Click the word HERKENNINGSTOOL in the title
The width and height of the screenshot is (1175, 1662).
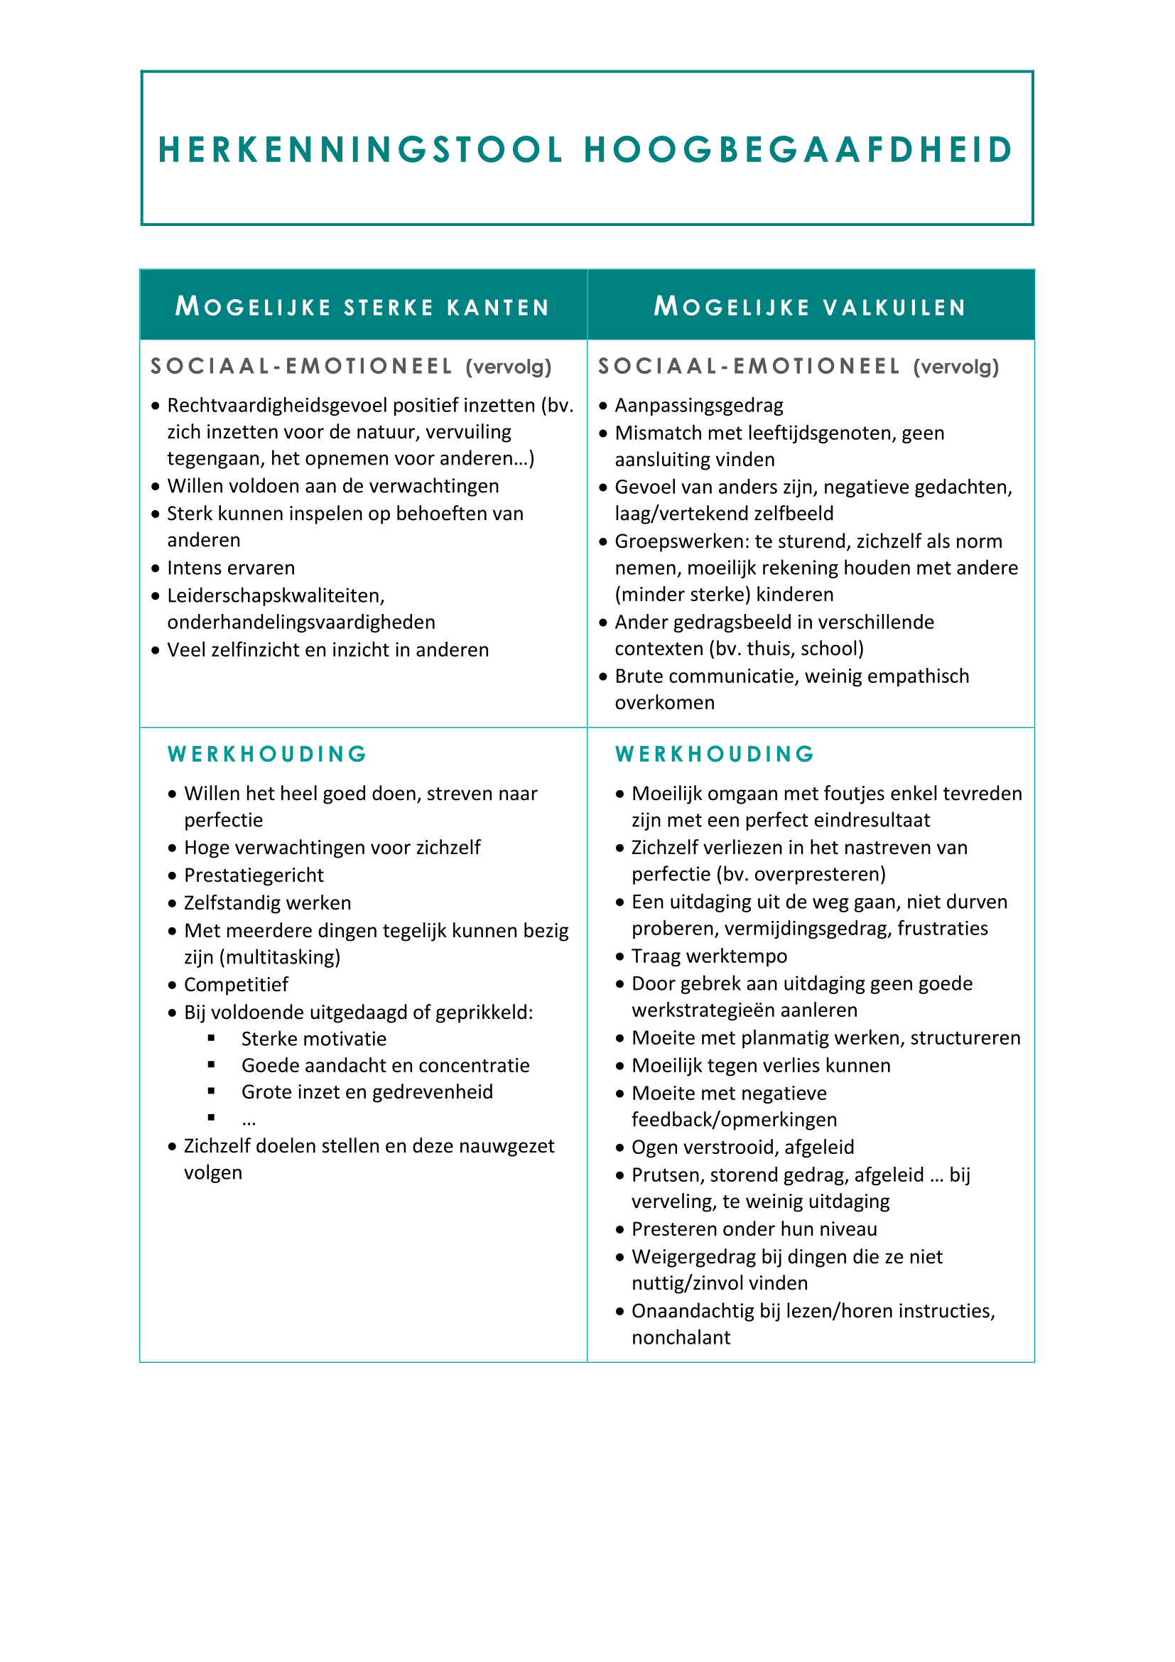pos(360,150)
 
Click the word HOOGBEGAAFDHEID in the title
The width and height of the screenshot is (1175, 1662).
pos(798,150)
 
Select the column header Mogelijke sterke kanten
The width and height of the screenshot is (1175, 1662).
pos(362,307)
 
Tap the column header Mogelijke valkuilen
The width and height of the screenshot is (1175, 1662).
pos(811,307)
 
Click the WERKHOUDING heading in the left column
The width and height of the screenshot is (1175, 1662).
pos(268,755)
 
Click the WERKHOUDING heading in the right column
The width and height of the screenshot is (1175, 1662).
pos(715,755)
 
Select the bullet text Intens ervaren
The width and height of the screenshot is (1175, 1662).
pos(231,568)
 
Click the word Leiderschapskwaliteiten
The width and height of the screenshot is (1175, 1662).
pos(276,595)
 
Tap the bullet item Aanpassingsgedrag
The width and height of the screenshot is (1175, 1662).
pos(698,405)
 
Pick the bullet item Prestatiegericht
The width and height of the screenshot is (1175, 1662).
pos(253,875)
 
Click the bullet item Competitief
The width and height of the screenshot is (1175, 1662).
pos(236,984)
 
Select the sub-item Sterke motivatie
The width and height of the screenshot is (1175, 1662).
pos(313,1039)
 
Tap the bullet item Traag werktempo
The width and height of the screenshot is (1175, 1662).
pos(708,956)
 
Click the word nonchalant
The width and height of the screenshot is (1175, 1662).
pos(681,1337)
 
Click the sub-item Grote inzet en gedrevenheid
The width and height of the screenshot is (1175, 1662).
pos(367,1091)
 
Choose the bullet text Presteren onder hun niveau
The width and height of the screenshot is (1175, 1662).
pos(754,1229)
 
